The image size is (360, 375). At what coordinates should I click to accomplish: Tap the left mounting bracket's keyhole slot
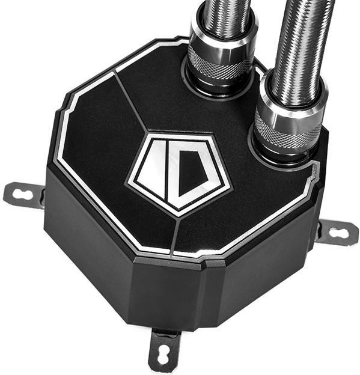click(23, 193)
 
